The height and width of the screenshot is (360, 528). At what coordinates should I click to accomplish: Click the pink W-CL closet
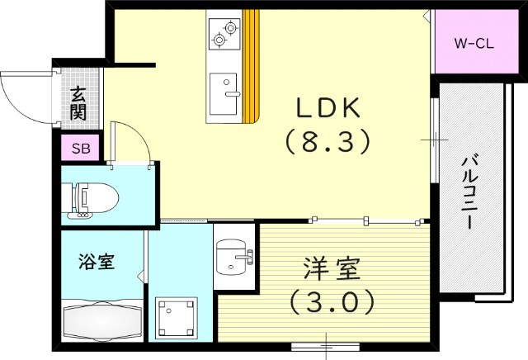tap(473, 42)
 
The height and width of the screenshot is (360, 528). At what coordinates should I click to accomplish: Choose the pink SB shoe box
tap(81, 149)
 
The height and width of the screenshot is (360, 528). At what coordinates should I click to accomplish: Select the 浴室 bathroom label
tap(97, 263)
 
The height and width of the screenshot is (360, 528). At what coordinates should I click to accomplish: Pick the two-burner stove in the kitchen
tap(224, 32)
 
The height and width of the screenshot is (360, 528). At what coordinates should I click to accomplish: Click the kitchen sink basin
tap(222, 93)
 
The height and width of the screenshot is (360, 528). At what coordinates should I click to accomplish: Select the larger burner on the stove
tap(219, 38)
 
